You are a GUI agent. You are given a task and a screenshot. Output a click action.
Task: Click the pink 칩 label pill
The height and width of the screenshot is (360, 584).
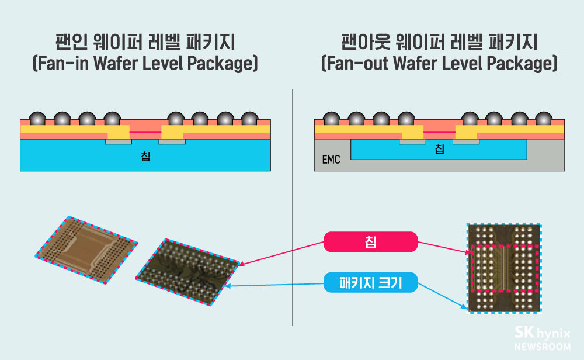click(x=370, y=241)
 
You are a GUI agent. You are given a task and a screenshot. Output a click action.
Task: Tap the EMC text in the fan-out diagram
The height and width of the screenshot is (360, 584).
click(x=331, y=158)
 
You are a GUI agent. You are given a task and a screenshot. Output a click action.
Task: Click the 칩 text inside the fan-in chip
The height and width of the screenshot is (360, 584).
click(x=145, y=155)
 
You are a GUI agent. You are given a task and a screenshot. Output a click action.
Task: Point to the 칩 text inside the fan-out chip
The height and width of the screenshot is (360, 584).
click(x=439, y=149)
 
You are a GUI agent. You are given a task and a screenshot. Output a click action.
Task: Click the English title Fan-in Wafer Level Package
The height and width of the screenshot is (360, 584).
click(x=145, y=63)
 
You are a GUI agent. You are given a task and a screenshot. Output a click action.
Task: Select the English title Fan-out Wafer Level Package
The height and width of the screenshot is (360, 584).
click(x=439, y=63)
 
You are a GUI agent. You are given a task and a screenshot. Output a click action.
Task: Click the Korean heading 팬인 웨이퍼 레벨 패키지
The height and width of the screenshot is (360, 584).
click(x=145, y=42)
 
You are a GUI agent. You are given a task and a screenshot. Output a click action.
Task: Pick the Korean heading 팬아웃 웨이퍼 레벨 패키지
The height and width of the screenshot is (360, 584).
click(x=439, y=42)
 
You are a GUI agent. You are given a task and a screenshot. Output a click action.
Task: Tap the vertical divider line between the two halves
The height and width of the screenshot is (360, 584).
click(x=292, y=205)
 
